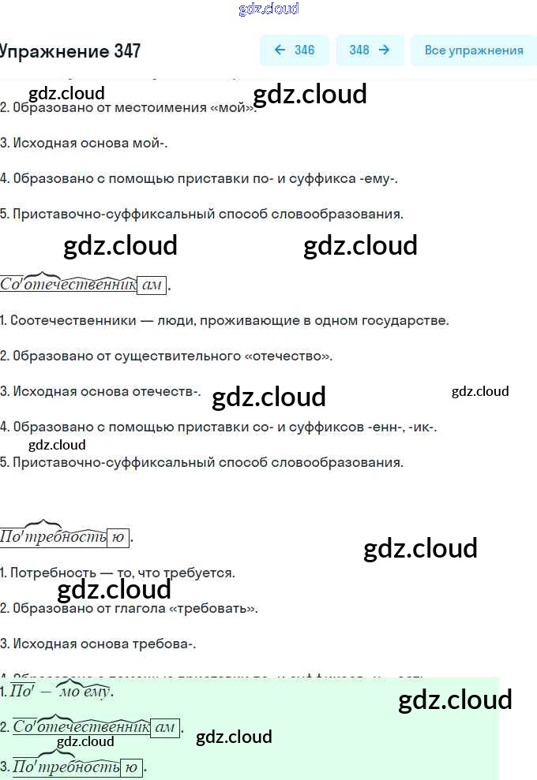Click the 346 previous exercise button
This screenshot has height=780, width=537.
(x=294, y=50)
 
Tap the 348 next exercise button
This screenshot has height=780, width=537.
(x=370, y=50)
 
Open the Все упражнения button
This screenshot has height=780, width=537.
(x=473, y=50)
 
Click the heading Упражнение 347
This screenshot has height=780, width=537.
(x=70, y=51)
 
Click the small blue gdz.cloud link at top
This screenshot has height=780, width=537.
(x=268, y=9)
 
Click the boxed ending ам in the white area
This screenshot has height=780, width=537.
(x=152, y=285)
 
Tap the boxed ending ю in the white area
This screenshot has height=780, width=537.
(x=118, y=538)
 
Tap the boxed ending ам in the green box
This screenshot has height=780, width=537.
(x=165, y=728)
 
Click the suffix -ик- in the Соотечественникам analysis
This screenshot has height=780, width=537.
(x=422, y=427)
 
